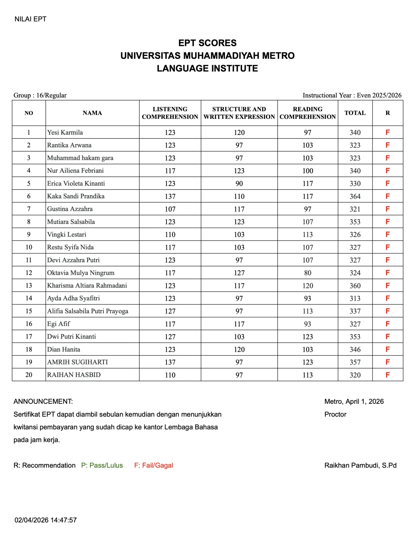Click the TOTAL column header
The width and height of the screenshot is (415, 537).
355,113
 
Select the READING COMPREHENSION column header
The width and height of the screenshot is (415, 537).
307,113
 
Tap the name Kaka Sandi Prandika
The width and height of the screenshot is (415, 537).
76,196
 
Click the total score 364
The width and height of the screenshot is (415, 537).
355,196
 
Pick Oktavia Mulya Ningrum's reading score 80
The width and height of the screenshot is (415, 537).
307,273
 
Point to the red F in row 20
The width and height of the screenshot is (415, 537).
387,375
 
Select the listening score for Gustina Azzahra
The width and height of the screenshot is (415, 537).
170,209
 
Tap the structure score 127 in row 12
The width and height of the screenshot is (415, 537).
239,273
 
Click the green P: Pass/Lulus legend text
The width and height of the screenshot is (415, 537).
102,466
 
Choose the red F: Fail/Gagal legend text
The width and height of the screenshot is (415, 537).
153,466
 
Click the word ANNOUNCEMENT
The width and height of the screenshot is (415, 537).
43,401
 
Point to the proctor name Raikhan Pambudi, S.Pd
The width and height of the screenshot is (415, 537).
360,466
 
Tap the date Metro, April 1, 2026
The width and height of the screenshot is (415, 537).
354,401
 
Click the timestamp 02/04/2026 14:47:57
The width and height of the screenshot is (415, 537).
45,520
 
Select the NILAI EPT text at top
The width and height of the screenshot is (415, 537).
30,19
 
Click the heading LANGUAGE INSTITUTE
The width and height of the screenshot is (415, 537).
207,68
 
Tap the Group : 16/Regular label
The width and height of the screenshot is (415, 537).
40,95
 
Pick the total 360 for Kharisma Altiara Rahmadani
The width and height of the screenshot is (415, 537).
355,286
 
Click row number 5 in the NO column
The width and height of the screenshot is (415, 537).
29,184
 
